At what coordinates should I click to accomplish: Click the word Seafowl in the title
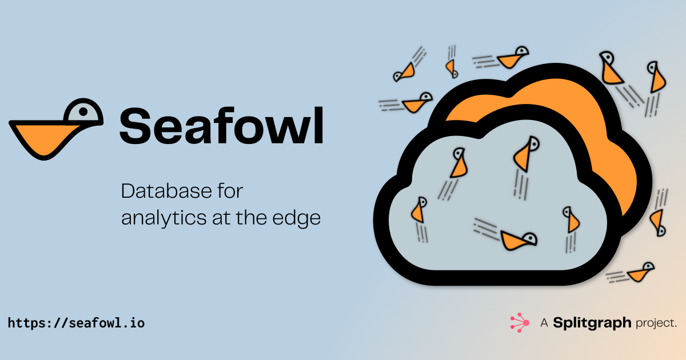221,126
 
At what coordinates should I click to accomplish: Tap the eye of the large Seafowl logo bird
83,112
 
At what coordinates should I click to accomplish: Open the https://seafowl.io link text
76,323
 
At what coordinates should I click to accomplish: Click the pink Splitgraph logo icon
520,323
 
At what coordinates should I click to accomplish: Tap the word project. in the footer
656,323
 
